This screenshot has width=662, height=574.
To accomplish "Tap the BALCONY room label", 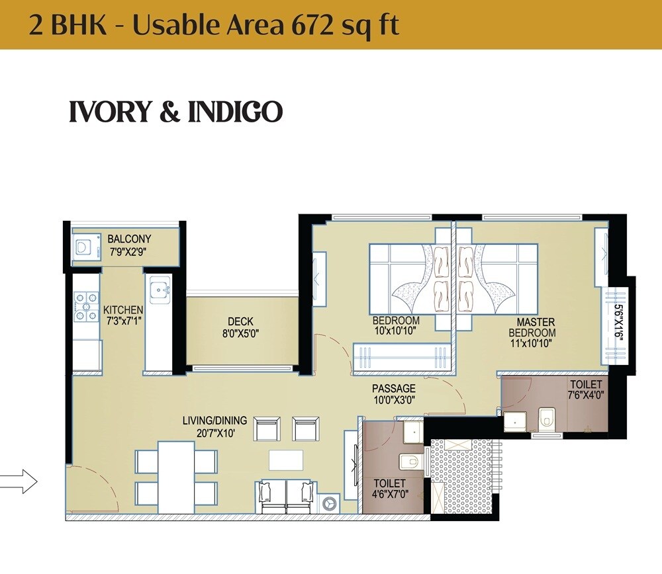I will point(129,239).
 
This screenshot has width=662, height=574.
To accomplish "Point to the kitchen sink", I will point(159,290).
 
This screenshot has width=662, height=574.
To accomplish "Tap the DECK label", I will point(240,322).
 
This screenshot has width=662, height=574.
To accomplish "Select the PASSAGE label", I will point(393,388).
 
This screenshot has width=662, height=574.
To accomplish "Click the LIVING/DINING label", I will point(214,421).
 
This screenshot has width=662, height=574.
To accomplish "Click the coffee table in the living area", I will point(286,460).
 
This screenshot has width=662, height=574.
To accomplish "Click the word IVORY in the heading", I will point(110,112).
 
